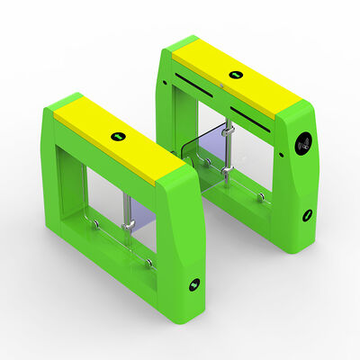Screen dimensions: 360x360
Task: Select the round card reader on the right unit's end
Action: click(x=304, y=140)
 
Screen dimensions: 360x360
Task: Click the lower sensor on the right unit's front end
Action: click(x=307, y=214)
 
